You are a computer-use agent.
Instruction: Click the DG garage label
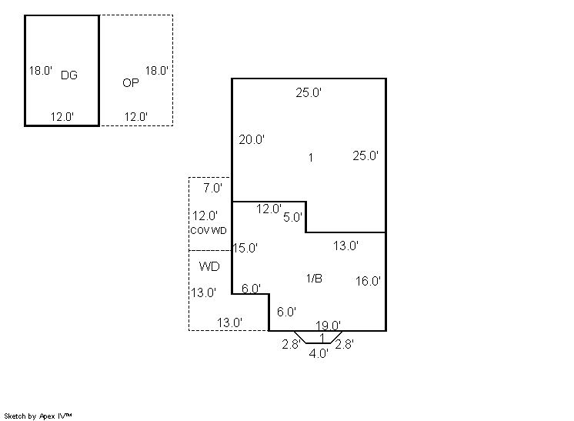(x=68, y=75)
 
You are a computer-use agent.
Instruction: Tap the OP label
(x=131, y=82)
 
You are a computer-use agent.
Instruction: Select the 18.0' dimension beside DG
(x=41, y=70)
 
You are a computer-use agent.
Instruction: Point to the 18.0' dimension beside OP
(x=157, y=70)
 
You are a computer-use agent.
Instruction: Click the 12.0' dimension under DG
(x=62, y=117)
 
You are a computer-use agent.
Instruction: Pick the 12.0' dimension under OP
(x=136, y=117)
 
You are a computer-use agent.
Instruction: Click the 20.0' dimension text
(x=252, y=139)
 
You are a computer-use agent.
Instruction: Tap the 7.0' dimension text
(x=212, y=188)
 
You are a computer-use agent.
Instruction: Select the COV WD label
(x=209, y=231)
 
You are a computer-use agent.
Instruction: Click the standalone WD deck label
(x=209, y=266)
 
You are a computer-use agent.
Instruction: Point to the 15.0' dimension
(x=245, y=248)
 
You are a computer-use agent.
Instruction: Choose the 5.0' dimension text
(x=292, y=217)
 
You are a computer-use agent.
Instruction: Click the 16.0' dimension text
(x=368, y=281)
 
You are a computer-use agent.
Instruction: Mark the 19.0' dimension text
(x=328, y=325)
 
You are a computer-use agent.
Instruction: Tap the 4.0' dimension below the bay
(x=319, y=353)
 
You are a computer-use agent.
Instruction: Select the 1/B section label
(x=314, y=279)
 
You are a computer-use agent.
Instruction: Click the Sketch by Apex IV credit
(x=38, y=416)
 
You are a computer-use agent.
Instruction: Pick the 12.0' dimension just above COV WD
(x=205, y=216)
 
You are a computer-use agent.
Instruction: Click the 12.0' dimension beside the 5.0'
(x=269, y=209)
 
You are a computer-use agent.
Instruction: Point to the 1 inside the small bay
(x=322, y=337)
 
